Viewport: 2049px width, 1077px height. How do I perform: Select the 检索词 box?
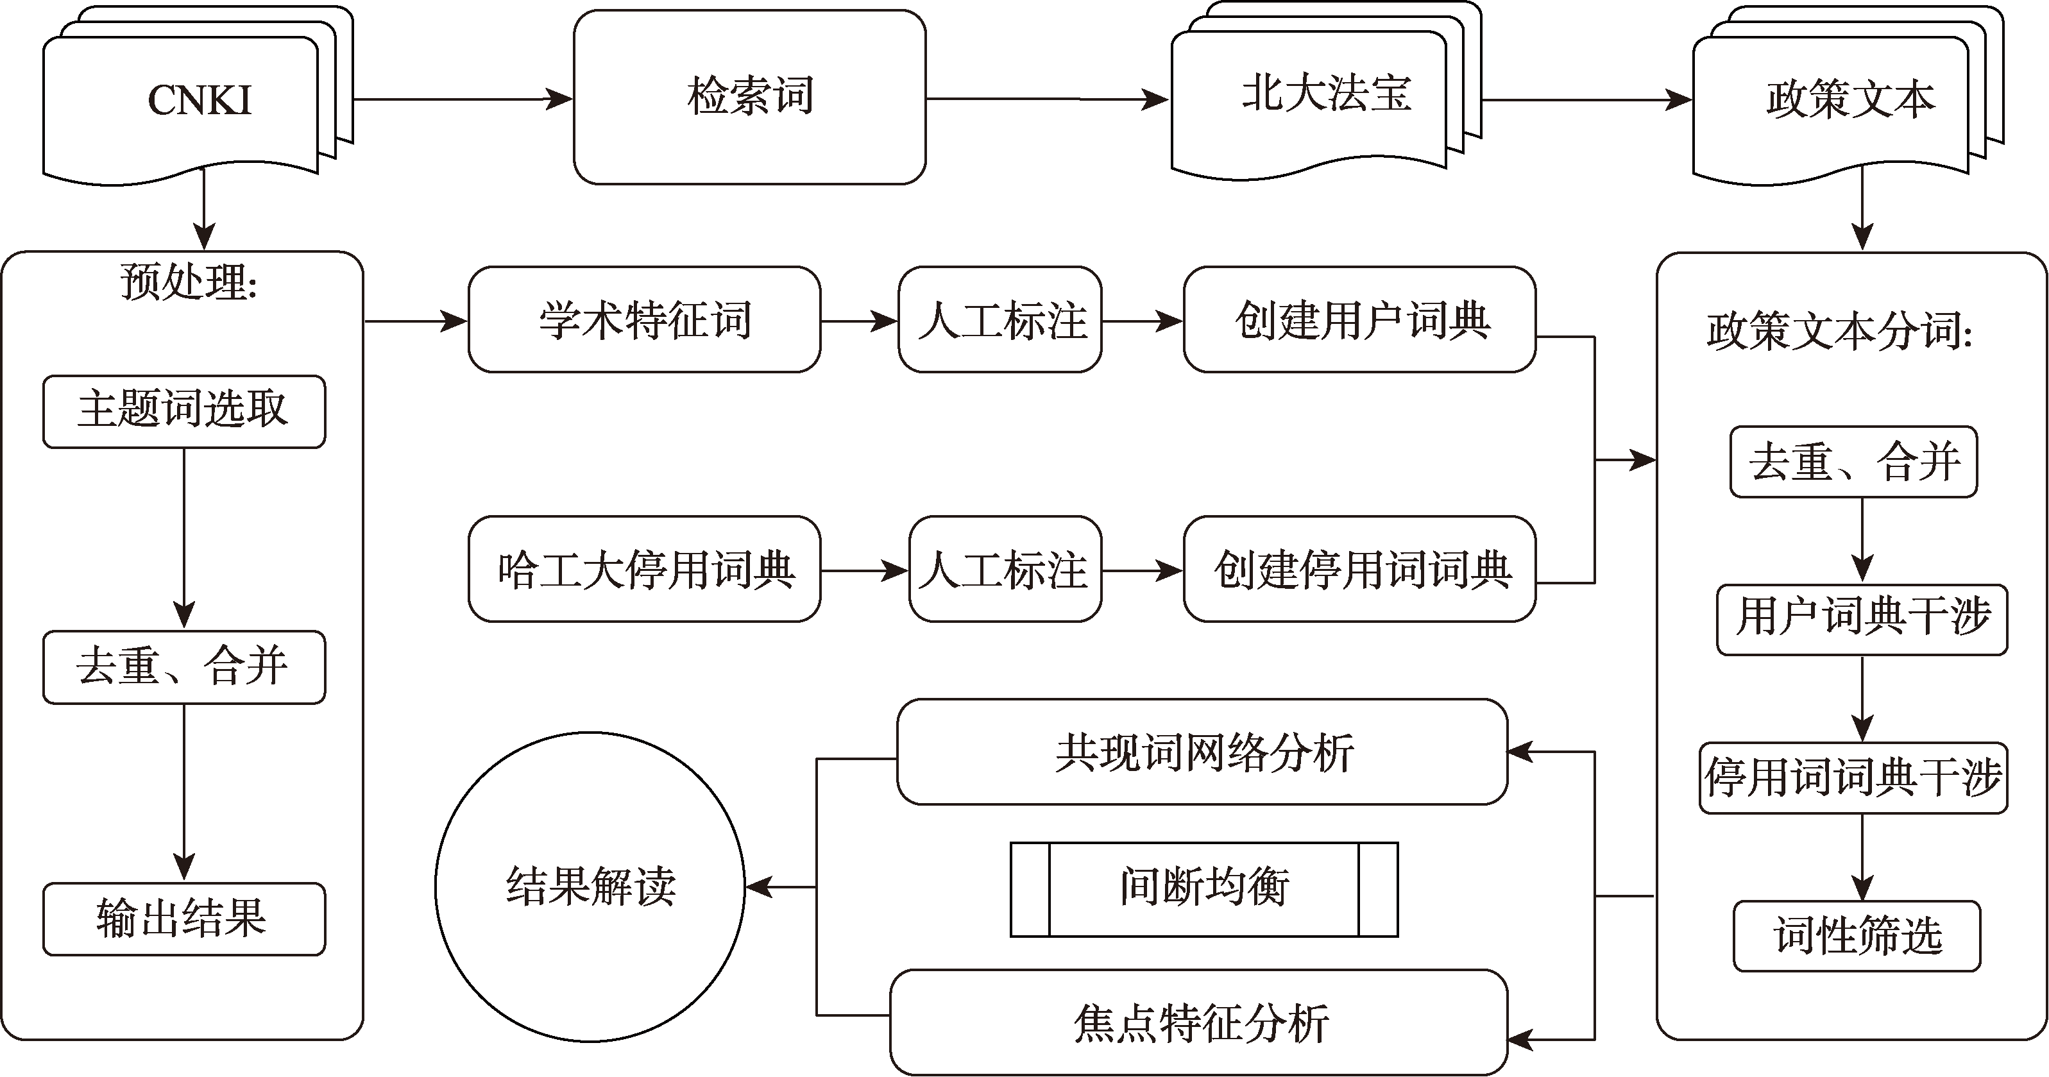pos(749,97)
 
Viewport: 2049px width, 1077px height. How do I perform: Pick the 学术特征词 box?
pos(644,319)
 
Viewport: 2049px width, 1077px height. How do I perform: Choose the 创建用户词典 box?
pos(1359,319)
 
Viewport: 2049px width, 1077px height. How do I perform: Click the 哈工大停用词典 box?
pos(644,570)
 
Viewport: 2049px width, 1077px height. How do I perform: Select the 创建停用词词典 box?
pos(1359,570)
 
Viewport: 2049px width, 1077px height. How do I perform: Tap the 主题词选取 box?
pos(183,411)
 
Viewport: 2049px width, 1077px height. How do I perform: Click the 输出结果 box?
pos(183,919)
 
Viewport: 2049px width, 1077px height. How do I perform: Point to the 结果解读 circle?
pos(590,886)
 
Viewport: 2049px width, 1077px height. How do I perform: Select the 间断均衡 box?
pos(1203,889)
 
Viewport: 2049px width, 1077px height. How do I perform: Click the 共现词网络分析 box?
pos(1202,752)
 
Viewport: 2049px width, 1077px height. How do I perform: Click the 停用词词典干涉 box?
pos(1853,778)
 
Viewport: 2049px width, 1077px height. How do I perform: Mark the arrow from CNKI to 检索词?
pos(461,99)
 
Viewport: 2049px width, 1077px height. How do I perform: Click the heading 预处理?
pos(189,282)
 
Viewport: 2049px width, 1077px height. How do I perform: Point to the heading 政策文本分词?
pos(1839,331)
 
